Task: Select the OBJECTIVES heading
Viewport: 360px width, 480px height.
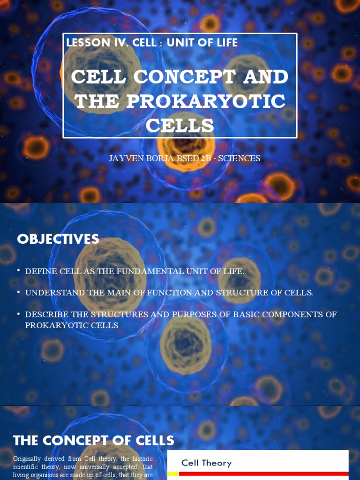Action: [x=58, y=239]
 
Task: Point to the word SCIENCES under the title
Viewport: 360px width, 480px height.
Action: [x=239, y=158]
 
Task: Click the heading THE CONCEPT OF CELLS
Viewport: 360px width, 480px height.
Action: [x=93, y=441]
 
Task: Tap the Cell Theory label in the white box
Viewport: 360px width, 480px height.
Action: [x=206, y=463]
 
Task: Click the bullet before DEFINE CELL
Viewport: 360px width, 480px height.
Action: [x=18, y=271]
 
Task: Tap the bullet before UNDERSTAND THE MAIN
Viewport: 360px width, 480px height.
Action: [x=18, y=292]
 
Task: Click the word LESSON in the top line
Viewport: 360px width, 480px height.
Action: [x=86, y=43]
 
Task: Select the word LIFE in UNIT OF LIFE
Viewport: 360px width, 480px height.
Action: [x=225, y=43]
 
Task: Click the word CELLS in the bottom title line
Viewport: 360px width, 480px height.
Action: [x=180, y=126]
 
